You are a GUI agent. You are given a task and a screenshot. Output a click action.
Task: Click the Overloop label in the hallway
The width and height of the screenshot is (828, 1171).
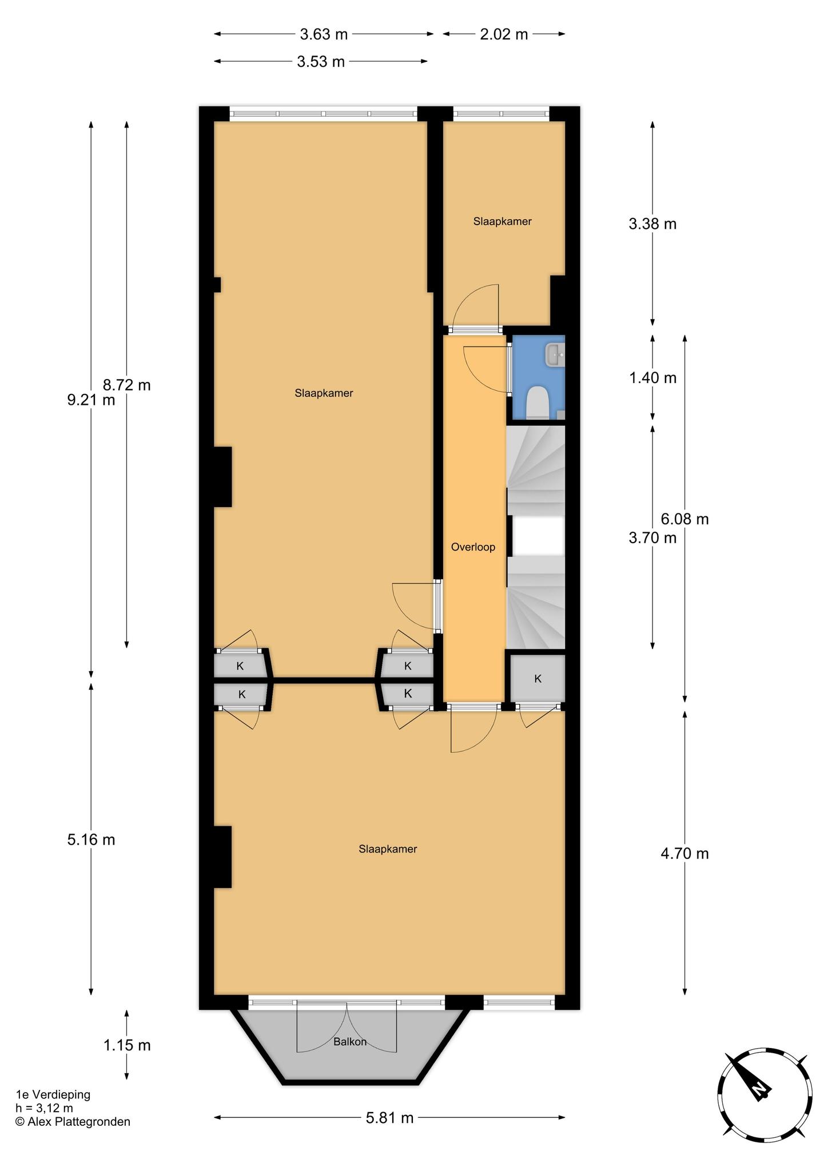tap(473, 547)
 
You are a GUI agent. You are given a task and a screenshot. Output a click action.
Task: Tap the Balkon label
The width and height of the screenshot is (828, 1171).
tap(350, 1042)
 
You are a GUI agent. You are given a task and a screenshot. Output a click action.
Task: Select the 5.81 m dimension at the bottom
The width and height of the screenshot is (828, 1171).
tap(389, 1118)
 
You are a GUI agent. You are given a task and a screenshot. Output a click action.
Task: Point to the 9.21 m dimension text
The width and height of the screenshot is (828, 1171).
tap(91, 400)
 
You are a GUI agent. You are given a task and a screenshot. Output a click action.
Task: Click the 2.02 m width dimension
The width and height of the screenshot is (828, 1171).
tap(504, 34)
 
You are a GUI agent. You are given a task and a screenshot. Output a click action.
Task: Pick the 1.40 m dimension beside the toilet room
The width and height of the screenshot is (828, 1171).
tap(652, 378)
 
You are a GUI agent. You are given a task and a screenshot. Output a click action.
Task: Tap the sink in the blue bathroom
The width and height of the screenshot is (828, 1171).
tap(555, 355)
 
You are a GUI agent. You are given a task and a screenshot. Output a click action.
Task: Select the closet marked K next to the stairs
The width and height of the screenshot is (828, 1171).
tap(538, 679)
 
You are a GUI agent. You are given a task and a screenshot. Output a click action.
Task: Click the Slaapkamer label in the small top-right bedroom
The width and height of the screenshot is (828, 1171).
tap(503, 222)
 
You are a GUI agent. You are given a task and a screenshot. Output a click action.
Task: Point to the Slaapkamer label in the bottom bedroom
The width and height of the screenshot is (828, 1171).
tap(388, 849)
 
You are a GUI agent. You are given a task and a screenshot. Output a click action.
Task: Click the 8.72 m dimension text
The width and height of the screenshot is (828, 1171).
tap(126, 385)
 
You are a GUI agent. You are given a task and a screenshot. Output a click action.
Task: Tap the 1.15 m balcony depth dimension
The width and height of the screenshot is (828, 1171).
tap(127, 1045)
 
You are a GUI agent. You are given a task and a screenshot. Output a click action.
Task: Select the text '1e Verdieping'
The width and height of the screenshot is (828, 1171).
tap(53, 1095)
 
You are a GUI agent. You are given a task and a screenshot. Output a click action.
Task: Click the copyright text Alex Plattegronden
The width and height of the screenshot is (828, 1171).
tap(73, 1122)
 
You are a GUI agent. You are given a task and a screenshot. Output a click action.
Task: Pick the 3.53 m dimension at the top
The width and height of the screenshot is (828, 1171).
tap(321, 62)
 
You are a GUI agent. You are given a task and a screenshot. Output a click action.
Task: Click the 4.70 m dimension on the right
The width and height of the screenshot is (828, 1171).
tap(684, 854)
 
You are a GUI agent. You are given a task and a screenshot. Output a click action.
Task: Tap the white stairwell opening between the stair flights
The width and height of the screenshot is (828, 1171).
tap(538, 536)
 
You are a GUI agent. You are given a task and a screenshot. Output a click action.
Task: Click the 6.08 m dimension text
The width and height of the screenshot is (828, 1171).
tap(684, 519)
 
